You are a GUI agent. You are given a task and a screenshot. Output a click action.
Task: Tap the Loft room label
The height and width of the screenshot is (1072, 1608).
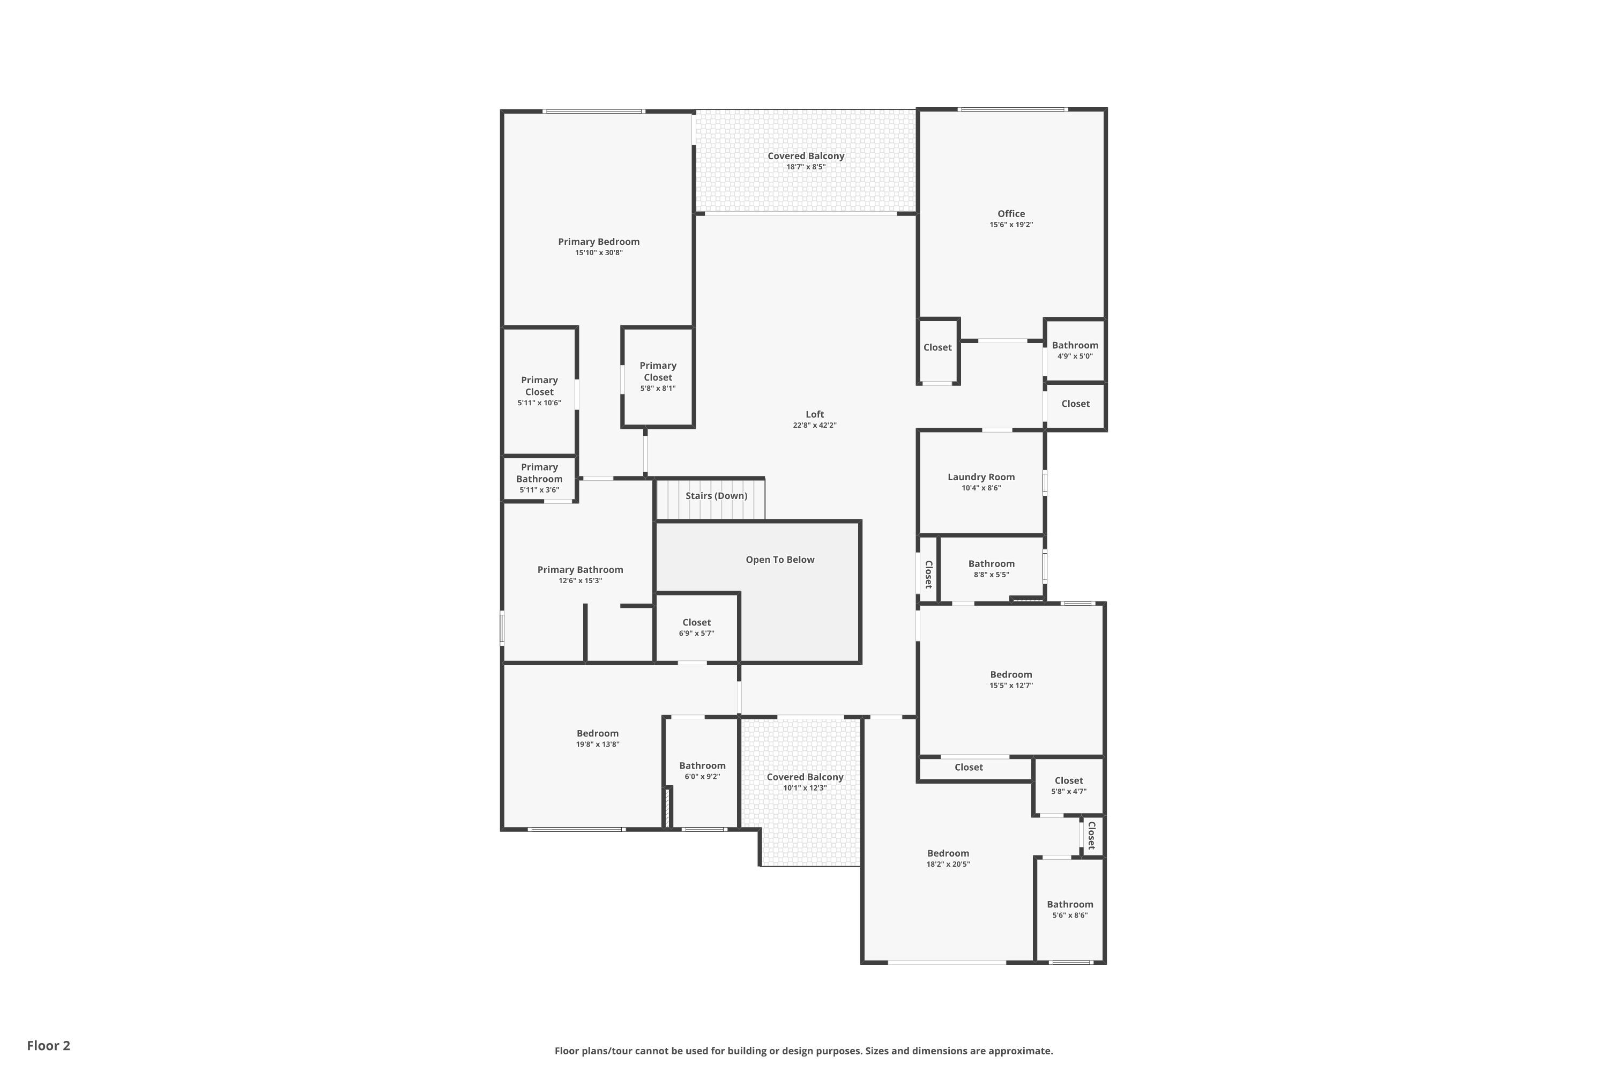tap(814, 414)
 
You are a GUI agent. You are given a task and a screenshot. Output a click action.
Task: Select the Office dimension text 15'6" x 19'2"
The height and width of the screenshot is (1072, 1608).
tap(1010, 225)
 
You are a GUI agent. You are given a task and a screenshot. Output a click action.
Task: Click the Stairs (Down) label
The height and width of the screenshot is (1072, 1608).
tap(716, 496)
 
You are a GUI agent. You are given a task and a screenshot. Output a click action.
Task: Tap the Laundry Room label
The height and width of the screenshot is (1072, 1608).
tap(980, 477)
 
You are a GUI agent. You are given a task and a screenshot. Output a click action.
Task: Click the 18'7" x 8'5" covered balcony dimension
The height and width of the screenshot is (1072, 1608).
tap(806, 167)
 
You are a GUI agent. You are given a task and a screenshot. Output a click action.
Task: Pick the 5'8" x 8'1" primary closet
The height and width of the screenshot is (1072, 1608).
tap(658, 377)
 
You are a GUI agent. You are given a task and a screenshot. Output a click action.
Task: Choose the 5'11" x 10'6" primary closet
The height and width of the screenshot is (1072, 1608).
tap(539, 391)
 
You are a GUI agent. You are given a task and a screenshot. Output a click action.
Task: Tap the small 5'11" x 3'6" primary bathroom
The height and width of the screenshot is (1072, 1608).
tap(539, 478)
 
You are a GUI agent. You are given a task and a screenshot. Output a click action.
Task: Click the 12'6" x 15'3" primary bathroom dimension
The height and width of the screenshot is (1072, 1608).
tap(580, 581)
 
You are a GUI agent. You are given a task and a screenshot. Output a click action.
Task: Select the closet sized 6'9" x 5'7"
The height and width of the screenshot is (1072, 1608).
tap(696, 628)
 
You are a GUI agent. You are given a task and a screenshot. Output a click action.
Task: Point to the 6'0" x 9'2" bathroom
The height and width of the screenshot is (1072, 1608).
tap(702, 771)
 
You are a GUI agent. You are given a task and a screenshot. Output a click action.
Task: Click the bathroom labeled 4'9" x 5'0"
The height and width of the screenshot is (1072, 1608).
tap(1075, 350)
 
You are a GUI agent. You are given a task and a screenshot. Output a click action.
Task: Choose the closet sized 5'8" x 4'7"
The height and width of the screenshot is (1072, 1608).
tap(1068, 786)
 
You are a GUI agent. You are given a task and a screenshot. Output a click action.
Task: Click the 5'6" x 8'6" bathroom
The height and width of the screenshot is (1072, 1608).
tap(1069, 909)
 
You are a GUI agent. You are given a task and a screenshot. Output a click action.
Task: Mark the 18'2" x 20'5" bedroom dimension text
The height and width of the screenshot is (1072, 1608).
tap(948, 864)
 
